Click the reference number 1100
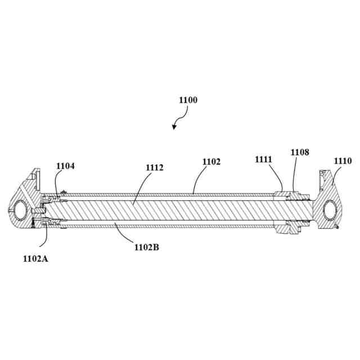[188, 100]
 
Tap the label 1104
[65, 166]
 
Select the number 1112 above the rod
[155, 167]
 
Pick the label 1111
[263, 160]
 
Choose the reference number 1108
[300, 152]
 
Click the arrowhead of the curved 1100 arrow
[174, 128]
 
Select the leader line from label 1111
[276, 177]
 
